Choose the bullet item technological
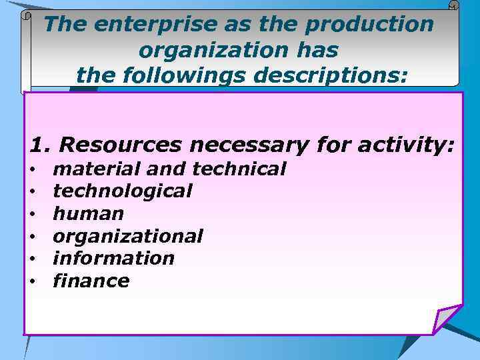(123, 191)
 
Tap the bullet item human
(88, 214)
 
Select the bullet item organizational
(128, 236)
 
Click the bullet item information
(113, 258)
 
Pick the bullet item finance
(91, 281)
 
